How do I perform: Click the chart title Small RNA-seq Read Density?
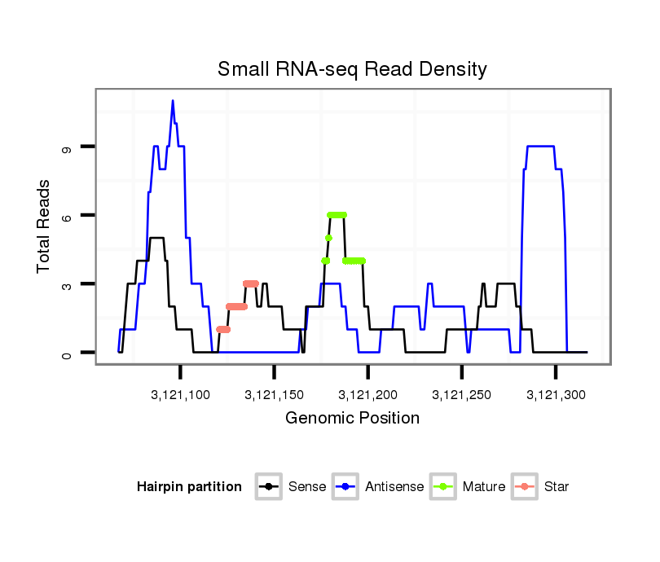point(352,69)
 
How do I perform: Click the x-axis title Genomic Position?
point(352,419)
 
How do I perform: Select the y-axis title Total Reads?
point(44,226)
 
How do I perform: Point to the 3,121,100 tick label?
point(181,395)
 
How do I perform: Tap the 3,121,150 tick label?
point(275,395)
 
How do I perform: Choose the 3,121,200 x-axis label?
point(368,395)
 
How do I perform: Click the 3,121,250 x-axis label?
point(462,395)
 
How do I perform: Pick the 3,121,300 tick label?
point(556,395)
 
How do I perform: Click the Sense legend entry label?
point(307,487)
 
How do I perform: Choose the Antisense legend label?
point(394,487)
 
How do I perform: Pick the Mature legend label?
point(483,487)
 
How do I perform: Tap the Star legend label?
point(557,487)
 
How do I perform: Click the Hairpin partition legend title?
point(189,487)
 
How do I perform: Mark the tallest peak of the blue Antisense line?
point(173,101)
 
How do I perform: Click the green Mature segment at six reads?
point(337,214)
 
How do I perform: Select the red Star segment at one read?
point(223,330)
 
